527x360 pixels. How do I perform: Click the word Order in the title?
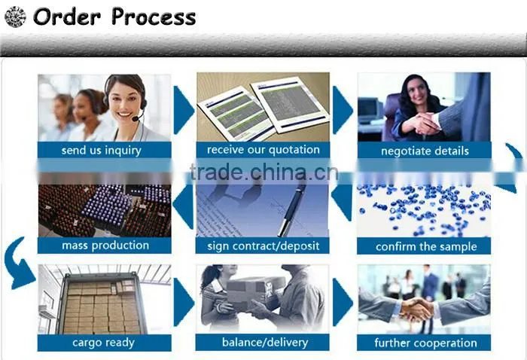pos(67,17)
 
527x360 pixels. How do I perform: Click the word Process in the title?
pos(154,17)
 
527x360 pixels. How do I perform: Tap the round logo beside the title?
pos(15,17)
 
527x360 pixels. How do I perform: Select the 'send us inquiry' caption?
pos(101,151)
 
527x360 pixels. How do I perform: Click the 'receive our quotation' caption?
pos(263,150)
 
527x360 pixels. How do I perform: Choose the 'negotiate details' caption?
pos(425,151)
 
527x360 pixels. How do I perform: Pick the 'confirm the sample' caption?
pos(426,247)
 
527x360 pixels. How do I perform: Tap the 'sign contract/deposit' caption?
pos(263,246)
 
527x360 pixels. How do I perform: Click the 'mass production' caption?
pos(105,246)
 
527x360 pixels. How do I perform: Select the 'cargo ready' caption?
pos(104,343)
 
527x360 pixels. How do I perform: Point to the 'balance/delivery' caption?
pos(265,342)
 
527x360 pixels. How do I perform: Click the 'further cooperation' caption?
pos(425,343)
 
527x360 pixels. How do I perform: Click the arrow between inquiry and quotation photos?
pos(184,110)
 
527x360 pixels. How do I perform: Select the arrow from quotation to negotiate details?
pos(343,110)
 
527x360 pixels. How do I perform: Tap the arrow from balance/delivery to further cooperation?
pos(343,302)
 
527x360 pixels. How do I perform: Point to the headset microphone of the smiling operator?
pos(136,119)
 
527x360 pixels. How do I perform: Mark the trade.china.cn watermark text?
pos(263,172)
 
